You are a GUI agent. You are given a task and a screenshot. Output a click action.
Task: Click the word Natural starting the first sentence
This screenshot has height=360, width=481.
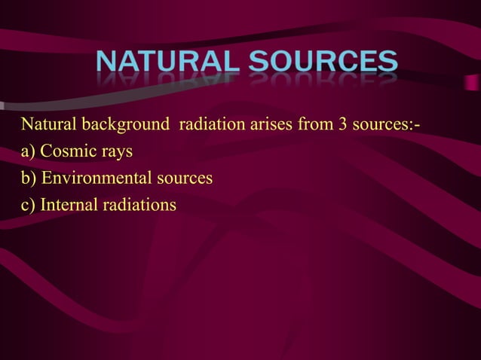tap(48, 124)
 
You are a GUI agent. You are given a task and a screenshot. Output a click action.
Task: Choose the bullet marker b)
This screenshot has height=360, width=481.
tap(29, 178)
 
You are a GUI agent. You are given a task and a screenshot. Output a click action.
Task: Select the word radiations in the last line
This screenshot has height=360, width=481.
tap(137, 205)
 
